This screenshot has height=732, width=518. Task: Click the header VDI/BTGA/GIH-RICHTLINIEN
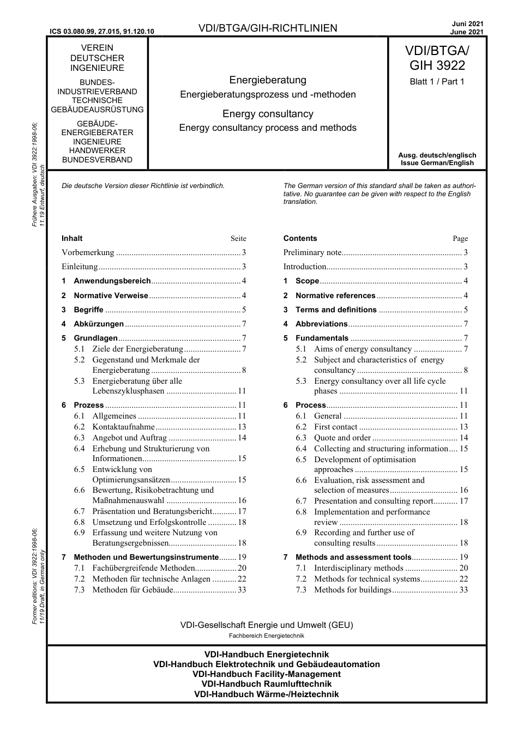click(268, 28)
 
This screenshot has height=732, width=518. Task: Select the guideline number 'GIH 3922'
click(437, 65)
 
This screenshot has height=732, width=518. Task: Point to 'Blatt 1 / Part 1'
click(437, 82)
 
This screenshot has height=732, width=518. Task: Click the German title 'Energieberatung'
click(268, 80)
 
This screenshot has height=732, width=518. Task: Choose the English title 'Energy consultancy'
click(268, 114)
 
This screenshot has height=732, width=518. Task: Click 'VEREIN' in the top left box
click(97, 48)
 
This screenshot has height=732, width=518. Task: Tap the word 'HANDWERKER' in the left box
click(97, 150)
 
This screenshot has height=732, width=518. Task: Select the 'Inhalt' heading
click(72, 238)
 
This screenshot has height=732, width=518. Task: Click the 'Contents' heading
click(300, 238)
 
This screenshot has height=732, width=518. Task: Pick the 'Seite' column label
click(238, 239)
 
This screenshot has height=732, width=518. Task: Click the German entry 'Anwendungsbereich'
click(112, 281)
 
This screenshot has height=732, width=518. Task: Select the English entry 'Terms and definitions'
click(336, 310)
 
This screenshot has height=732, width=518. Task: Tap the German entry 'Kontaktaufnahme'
click(123, 427)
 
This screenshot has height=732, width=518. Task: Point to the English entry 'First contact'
click(335, 427)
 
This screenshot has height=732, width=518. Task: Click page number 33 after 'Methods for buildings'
click(463, 590)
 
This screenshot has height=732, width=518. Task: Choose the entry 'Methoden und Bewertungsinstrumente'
click(146, 557)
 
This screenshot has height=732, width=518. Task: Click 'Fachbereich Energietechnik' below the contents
click(267, 636)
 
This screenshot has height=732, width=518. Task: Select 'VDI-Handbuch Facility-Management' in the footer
click(267, 674)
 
